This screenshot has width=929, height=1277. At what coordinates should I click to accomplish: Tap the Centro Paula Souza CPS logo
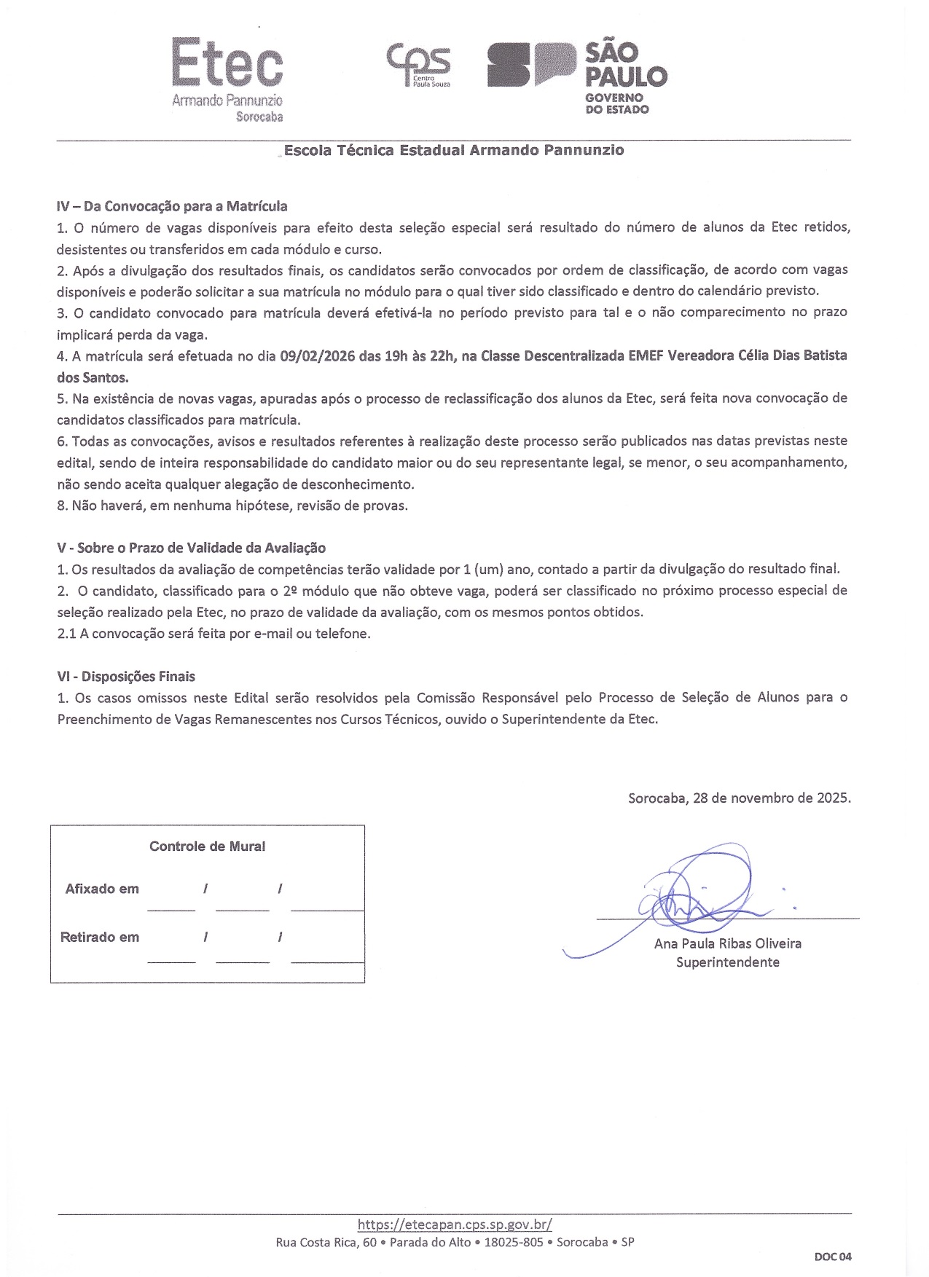[x=418, y=65]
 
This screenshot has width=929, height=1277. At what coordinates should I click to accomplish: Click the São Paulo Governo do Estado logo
[x=576, y=76]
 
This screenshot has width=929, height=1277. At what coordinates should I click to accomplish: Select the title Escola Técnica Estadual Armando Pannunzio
[x=453, y=151]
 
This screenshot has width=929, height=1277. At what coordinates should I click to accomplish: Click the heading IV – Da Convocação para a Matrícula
[x=172, y=206]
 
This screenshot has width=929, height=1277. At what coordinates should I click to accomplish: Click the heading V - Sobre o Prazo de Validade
[x=191, y=548]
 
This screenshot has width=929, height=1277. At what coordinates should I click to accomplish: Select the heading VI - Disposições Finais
[x=126, y=677]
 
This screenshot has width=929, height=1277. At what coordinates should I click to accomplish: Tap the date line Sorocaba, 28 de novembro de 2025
[x=739, y=798]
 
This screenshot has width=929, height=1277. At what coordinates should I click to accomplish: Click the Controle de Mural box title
[x=207, y=846]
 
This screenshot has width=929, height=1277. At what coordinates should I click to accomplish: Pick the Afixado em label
[x=102, y=889]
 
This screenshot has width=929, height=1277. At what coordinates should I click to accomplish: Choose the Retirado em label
[x=100, y=938]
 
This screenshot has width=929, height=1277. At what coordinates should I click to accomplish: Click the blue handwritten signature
[x=692, y=892]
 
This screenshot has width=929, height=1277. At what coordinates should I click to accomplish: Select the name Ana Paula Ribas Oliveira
[x=727, y=943]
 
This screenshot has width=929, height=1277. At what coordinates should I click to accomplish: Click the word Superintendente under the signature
[x=727, y=962]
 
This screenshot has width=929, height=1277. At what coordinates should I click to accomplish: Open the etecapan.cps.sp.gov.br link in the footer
[x=455, y=1225]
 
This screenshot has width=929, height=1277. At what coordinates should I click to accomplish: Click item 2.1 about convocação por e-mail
[x=213, y=634]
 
